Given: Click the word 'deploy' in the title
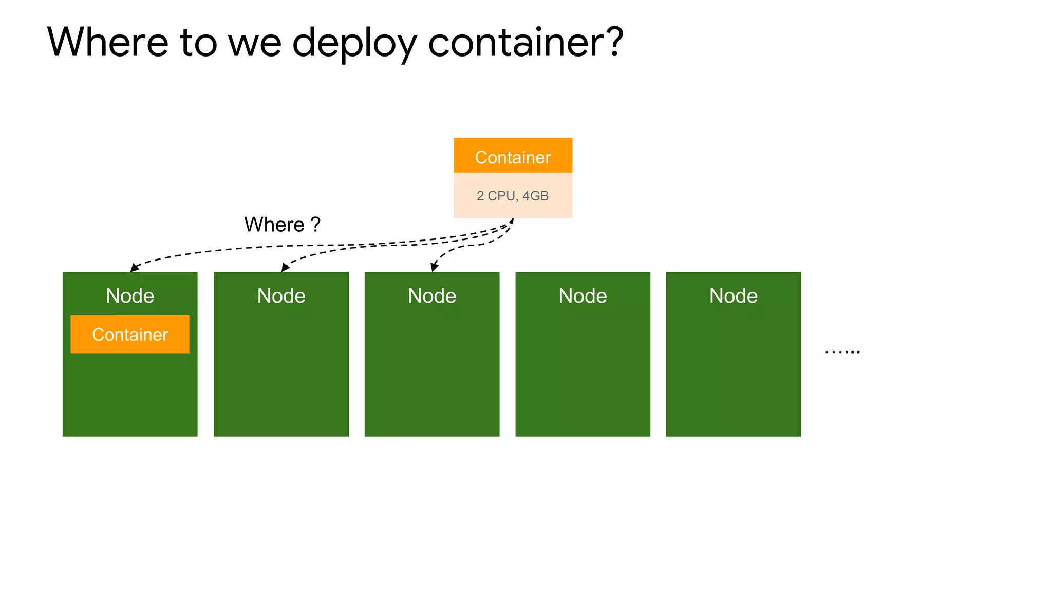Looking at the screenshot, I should (x=354, y=43).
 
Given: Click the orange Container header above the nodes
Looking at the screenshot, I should (x=513, y=156).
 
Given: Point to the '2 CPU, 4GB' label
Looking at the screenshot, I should (x=513, y=196).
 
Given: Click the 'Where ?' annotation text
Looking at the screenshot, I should (x=282, y=225).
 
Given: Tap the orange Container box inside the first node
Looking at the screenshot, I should (x=130, y=335).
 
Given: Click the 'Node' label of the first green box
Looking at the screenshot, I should (x=130, y=296).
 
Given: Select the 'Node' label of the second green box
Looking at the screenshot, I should (x=281, y=296).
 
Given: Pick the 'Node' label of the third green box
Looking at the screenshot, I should (x=432, y=296).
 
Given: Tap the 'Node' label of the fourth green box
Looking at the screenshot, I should (x=583, y=296).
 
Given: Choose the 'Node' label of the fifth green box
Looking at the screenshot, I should (x=734, y=296).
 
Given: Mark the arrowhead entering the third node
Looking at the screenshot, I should (x=434, y=267).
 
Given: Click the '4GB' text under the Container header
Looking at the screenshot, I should (x=535, y=196).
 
